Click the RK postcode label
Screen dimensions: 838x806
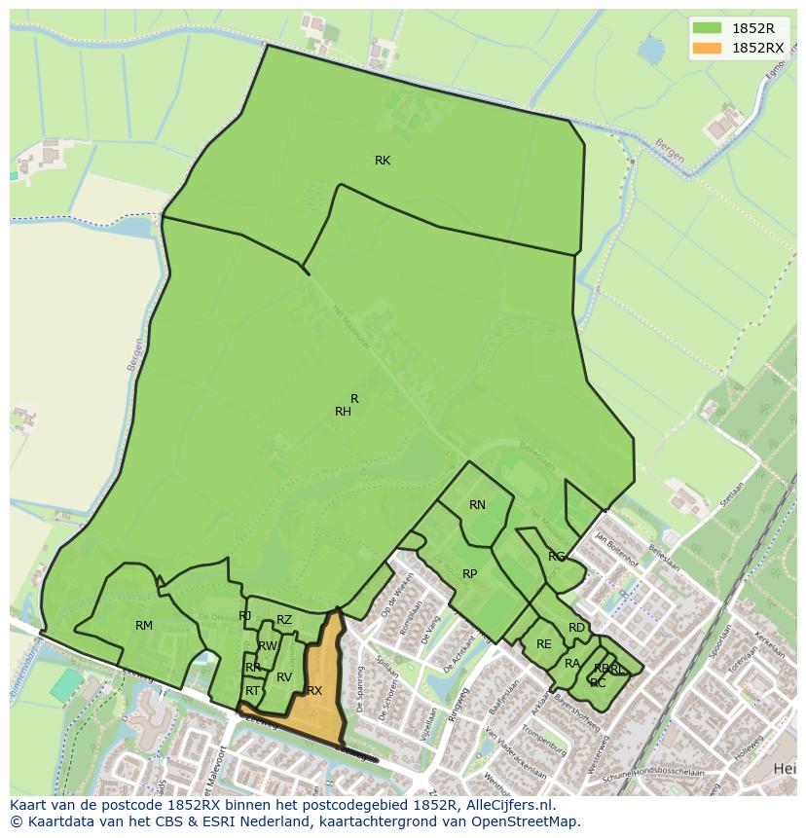(383, 161)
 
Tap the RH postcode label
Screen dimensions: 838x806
(343, 412)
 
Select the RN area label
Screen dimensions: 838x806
(477, 505)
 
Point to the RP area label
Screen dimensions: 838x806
(470, 574)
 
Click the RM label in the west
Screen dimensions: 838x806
(144, 626)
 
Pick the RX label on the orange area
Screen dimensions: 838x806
(314, 691)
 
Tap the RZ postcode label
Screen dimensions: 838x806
(284, 620)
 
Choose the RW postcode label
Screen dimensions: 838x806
(268, 646)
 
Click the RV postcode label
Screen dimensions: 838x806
(284, 677)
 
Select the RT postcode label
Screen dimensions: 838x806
(253, 691)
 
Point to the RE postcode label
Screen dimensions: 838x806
(544, 644)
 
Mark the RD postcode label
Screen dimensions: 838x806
(577, 628)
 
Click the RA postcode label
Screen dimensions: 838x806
(572, 664)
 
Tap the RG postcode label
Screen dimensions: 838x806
(556, 557)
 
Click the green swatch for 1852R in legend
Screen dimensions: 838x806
(707, 28)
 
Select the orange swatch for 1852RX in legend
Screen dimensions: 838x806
(707, 48)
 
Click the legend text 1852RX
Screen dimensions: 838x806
(757, 48)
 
